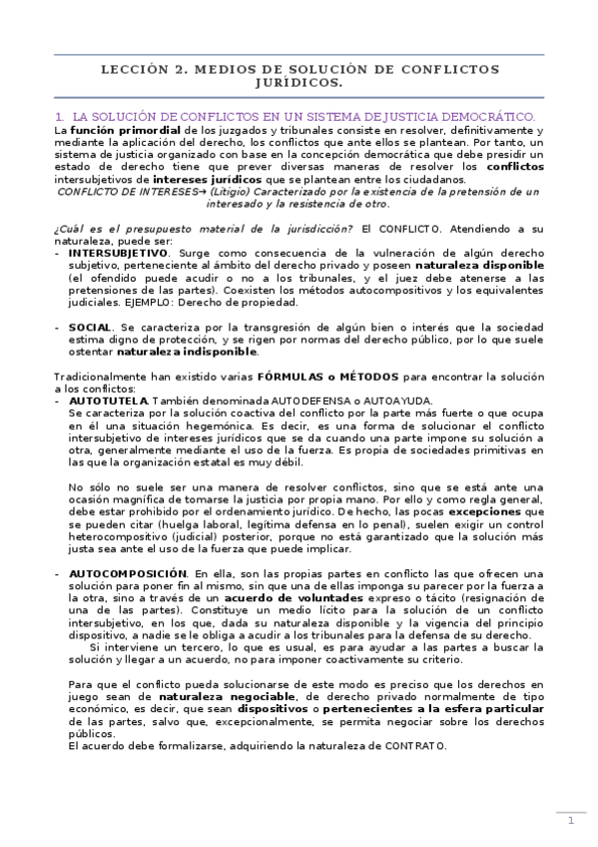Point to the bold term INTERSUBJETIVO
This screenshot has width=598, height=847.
click(118, 254)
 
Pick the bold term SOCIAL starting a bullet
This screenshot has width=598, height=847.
click(89, 327)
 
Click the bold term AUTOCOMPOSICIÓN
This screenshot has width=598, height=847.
click(127, 573)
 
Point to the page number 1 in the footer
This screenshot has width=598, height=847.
click(570, 821)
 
